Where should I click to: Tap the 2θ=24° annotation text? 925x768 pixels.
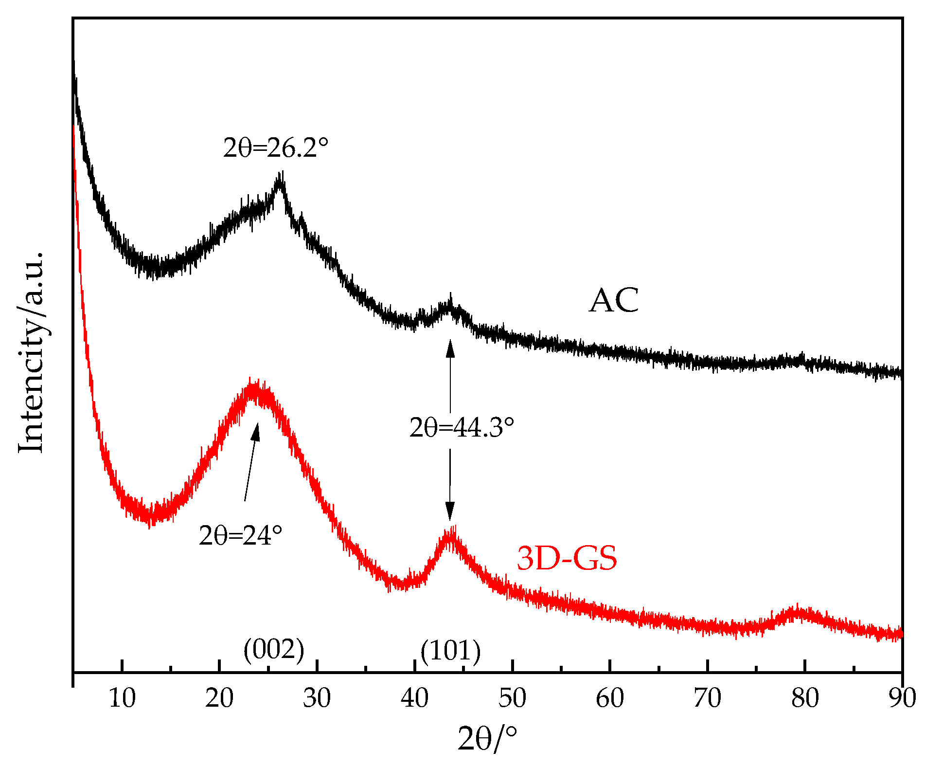point(240,535)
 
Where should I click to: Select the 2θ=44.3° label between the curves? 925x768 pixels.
point(462,427)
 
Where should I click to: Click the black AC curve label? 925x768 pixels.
point(614,300)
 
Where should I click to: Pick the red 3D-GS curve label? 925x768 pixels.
point(567,558)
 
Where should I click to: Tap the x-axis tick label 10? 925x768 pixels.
point(122,698)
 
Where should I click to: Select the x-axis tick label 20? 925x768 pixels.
point(219,698)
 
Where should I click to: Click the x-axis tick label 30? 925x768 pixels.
point(317,698)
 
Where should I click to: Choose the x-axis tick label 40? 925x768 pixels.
point(414,698)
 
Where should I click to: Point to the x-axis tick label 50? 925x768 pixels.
point(512,698)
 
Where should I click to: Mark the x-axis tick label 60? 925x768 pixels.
point(610,698)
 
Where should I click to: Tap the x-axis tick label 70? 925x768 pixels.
point(707,698)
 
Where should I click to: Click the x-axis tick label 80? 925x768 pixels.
point(805,698)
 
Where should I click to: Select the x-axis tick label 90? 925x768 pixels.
point(902,698)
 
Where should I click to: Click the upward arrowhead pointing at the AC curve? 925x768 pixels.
point(450,347)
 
